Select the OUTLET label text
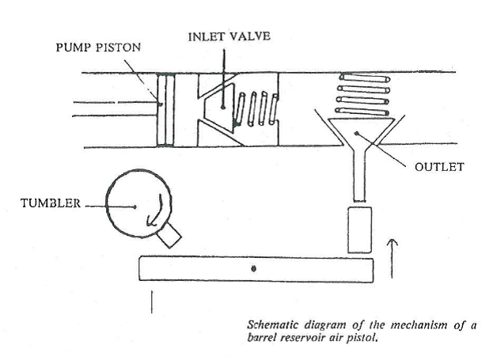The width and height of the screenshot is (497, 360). [x=438, y=167]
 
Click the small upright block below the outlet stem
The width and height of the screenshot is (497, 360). [x=359, y=229]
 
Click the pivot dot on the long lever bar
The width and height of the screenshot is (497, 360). [x=252, y=269]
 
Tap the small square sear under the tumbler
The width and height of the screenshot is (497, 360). [x=169, y=233]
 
